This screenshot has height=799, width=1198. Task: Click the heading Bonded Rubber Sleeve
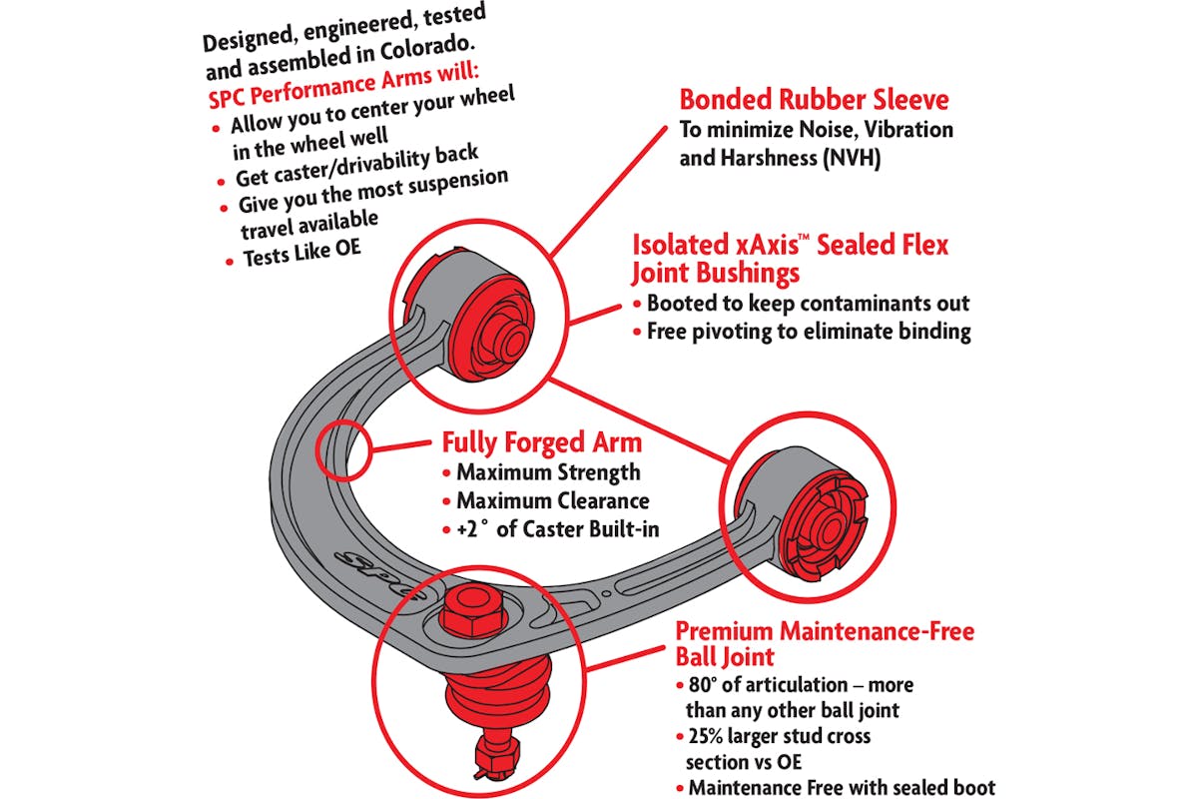814,100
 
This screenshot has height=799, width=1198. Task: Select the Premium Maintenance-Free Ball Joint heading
824,644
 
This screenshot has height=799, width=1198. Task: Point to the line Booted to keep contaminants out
808,303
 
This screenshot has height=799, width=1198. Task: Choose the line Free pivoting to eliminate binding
809,332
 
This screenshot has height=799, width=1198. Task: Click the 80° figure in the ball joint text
703,685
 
